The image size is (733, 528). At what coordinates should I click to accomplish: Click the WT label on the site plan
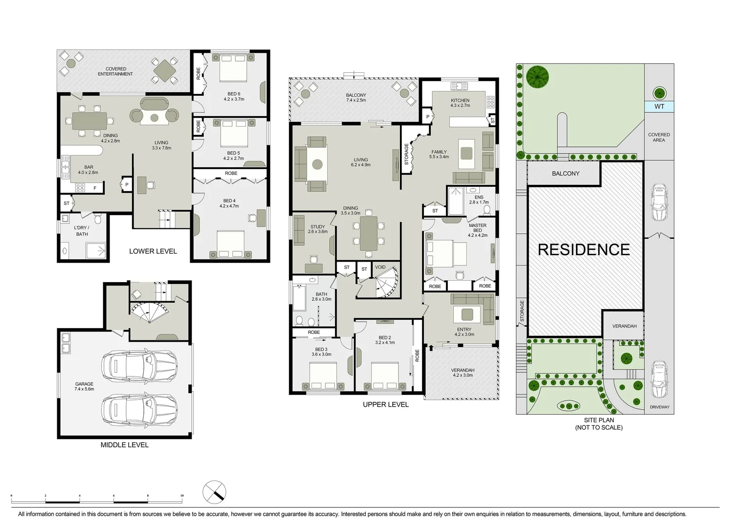tap(659, 107)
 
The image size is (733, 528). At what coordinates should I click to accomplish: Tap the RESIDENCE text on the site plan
tap(584, 250)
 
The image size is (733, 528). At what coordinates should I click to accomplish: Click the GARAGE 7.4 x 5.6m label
tap(84, 387)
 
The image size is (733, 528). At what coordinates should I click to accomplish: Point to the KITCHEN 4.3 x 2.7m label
tap(460, 103)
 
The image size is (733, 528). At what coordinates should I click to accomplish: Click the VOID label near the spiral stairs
tap(380, 267)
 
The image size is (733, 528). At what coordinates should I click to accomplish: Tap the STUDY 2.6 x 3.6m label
tap(318, 229)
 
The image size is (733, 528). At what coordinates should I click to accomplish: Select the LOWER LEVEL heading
tap(153, 251)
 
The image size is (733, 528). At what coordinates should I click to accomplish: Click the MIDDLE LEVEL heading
tap(124, 445)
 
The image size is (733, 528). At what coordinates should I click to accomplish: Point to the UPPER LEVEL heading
tap(385, 404)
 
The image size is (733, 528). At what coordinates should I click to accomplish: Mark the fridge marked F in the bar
tap(95, 188)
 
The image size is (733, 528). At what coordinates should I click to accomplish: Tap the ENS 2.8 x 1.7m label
tap(479, 199)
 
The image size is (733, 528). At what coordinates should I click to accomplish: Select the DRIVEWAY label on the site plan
tap(659, 407)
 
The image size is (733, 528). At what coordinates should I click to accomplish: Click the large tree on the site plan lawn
tap(537, 77)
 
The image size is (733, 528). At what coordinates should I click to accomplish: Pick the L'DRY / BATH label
tap(82, 231)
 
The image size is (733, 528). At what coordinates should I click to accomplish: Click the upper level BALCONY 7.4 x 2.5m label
tap(355, 98)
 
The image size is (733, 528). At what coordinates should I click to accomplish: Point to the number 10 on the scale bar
tap(182, 496)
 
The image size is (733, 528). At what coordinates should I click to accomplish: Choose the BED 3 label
tap(321, 352)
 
